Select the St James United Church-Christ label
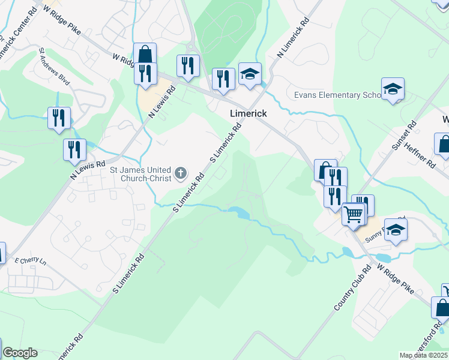(x=142, y=173)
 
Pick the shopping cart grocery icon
(x=353, y=214)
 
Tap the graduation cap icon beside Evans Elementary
(x=393, y=89)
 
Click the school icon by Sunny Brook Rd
(x=395, y=230)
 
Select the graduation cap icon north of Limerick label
(x=250, y=74)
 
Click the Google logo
(x=20, y=353)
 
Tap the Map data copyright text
(x=423, y=355)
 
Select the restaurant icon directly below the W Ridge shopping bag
(x=145, y=73)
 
